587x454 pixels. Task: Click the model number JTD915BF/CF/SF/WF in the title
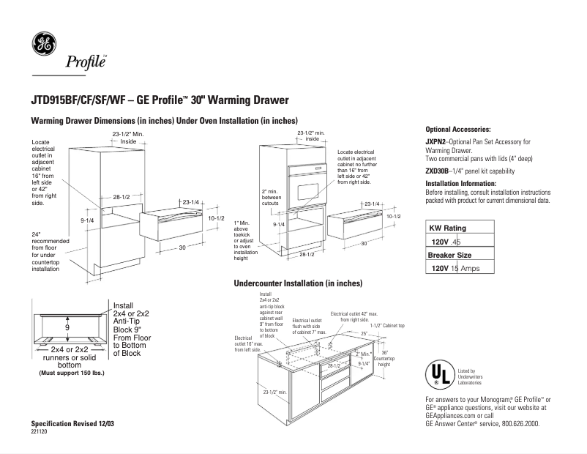[75, 100]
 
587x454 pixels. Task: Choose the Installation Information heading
[461, 183]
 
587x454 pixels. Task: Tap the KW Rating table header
[448, 228]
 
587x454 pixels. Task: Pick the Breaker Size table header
[449, 255]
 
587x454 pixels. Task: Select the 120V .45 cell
[446, 241]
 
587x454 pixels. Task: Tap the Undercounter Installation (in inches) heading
[298, 283]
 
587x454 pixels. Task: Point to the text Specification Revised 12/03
[72, 425]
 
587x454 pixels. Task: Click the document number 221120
[40, 433]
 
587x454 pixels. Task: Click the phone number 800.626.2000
[520, 424]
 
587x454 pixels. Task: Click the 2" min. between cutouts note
[272, 198]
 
